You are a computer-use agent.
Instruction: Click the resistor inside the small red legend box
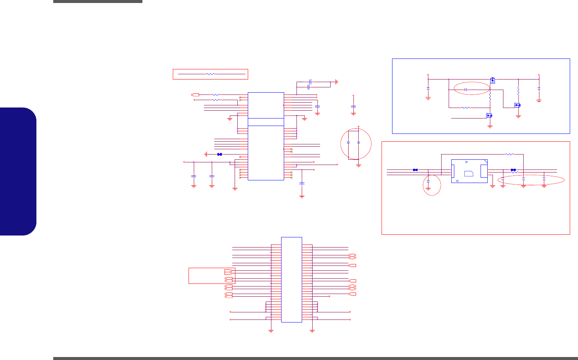click(211, 74)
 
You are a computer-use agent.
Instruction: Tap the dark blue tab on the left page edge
click(18, 171)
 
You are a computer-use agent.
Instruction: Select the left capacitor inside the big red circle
click(349, 142)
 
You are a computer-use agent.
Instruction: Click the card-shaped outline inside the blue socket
click(469, 173)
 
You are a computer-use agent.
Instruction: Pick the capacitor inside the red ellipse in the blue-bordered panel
click(466, 90)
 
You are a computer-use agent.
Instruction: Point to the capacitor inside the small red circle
click(428, 183)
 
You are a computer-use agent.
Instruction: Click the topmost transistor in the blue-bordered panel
click(493, 80)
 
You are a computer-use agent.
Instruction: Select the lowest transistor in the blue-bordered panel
click(489, 115)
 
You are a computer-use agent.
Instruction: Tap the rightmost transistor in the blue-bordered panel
click(518, 105)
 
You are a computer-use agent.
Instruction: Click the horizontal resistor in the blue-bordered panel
click(466, 108)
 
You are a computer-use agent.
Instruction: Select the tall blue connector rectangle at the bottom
click(292, 279)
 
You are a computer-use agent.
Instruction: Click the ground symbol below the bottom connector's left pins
click(271, 331)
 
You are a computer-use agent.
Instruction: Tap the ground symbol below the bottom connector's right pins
click(312, 331)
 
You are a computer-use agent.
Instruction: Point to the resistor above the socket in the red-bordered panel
click(509, 154)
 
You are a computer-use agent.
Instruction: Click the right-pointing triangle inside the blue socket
click(466, 162)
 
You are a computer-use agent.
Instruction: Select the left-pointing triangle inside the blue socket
click(457, 180)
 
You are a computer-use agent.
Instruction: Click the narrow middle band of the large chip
click(266, 122)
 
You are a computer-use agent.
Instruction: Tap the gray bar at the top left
click(98, 1)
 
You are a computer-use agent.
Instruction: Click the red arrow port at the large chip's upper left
click(195, 95)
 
